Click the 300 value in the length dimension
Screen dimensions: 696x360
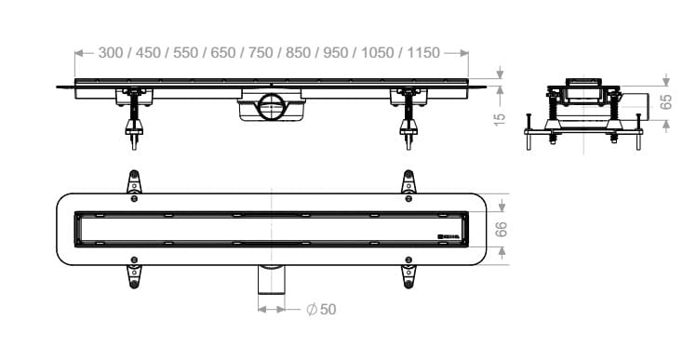tap(111, 53)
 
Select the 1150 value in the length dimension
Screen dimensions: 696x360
tap(423, 53)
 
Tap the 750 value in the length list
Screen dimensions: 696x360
tap(261, 53)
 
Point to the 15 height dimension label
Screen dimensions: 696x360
tap(500, 119)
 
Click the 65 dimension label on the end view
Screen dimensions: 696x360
tap(666, 101)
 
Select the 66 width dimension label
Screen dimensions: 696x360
tap(501, 230)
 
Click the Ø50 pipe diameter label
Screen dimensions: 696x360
tap(321, 310)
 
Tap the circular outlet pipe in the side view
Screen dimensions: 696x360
tap(271, 107)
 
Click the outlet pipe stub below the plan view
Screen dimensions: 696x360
tap(271, 279)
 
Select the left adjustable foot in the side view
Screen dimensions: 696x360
tap(134, 119)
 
